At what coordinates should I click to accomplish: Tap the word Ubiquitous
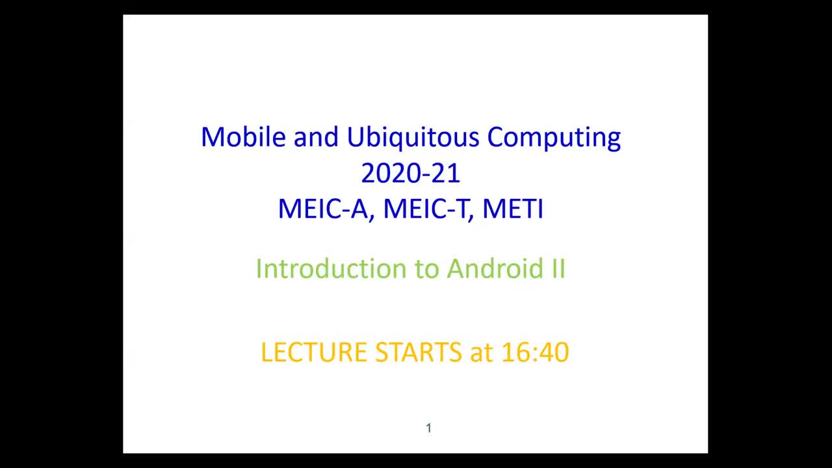coord(413,137)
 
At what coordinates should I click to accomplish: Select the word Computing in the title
coord(554,137)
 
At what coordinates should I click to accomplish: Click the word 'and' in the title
coord(317,137)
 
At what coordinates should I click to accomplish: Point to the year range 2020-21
coord(411,174)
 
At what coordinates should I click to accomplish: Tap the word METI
coord(513,209)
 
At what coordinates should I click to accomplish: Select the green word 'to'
coord(426,268)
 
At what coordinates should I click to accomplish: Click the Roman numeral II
coord(558,268)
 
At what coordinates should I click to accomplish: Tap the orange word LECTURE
coord(314,352)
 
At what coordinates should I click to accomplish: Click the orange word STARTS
coord(419,352)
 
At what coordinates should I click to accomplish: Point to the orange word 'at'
coord(482,352)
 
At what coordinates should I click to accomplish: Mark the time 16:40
coord(536,352)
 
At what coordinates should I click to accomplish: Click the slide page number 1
coord(428,428)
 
